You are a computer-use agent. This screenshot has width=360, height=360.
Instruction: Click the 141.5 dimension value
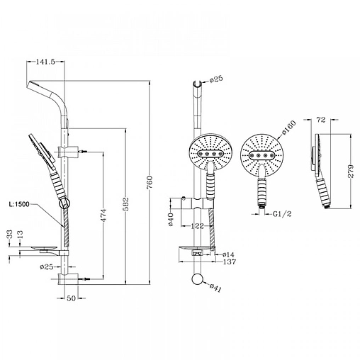click(x=45, y=62)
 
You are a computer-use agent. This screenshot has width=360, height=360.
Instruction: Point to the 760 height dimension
click(x=150, y=182)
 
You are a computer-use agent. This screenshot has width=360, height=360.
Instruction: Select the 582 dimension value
click(x=126, y=203)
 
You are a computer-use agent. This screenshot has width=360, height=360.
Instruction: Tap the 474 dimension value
click(x=103, y=215)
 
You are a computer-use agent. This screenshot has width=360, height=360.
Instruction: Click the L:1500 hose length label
click(x=19, y=204)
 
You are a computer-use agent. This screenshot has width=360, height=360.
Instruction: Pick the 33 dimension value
click(x=10, y=234)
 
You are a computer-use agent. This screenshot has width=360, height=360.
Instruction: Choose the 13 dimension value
click(x=21, y=234)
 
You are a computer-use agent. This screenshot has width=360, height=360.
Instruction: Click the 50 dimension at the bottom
click(x=71, y=298)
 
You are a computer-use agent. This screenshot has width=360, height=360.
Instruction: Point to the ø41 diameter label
click(x=215, y=288)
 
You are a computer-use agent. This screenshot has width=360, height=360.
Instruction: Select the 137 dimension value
click(x=230, y=261)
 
